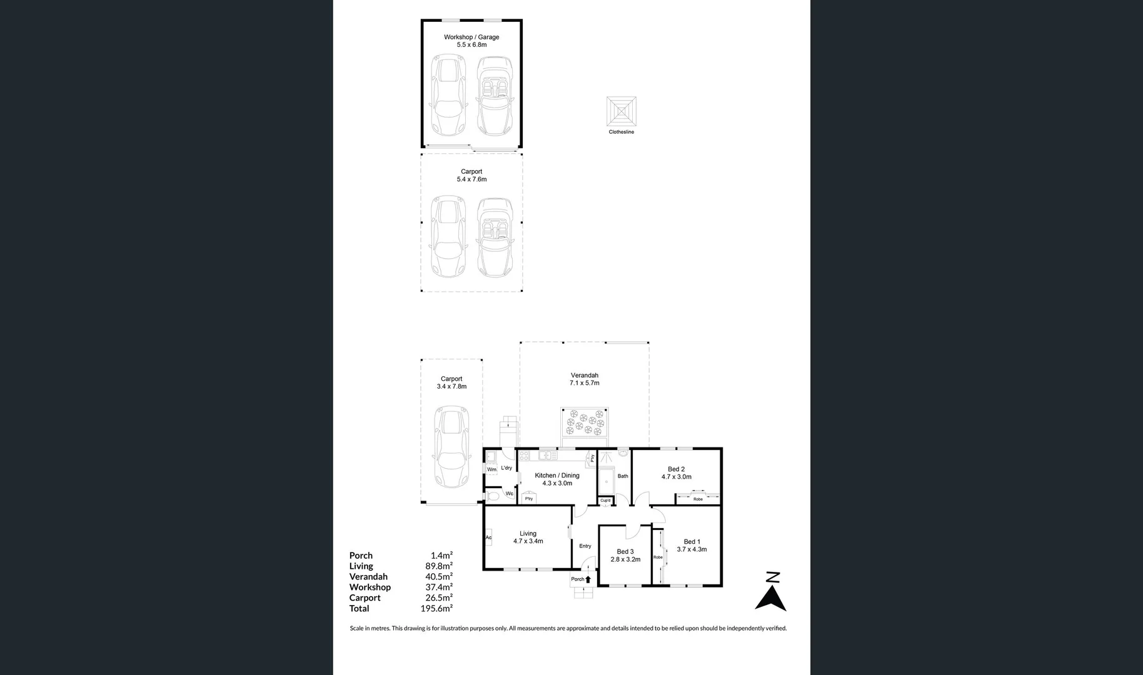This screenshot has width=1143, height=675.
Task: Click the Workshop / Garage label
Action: [x=471, y=37]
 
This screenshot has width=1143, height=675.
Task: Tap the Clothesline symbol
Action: [x=621, y=111]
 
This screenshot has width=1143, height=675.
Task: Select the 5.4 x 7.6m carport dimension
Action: [x=471, y=179]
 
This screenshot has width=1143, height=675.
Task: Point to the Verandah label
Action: [x=584, y=375]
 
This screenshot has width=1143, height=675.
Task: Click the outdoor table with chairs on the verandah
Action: [x=585, y=423]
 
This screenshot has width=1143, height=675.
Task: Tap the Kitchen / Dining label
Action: [x=556, y=475]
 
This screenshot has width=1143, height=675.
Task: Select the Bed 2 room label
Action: [x=676, y=469]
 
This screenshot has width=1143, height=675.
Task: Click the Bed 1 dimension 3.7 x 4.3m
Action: [x=692, y=549]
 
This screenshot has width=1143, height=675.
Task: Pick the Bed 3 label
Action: [x=625, y=551]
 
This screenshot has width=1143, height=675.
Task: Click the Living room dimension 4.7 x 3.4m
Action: [x=528, y=541]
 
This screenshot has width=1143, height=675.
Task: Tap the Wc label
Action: [x=509, y=494]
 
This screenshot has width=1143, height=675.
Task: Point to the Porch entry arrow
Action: [x=588, y=579]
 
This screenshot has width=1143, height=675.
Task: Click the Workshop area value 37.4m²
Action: [x=438, y=587]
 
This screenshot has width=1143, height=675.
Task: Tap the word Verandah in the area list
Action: [x=368, y=576]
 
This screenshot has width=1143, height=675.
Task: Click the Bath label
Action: [x=623, y=476]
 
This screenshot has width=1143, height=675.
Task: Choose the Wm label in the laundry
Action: [x=491, y=469]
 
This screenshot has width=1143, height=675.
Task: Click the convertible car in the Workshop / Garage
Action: [x=495, y=96]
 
